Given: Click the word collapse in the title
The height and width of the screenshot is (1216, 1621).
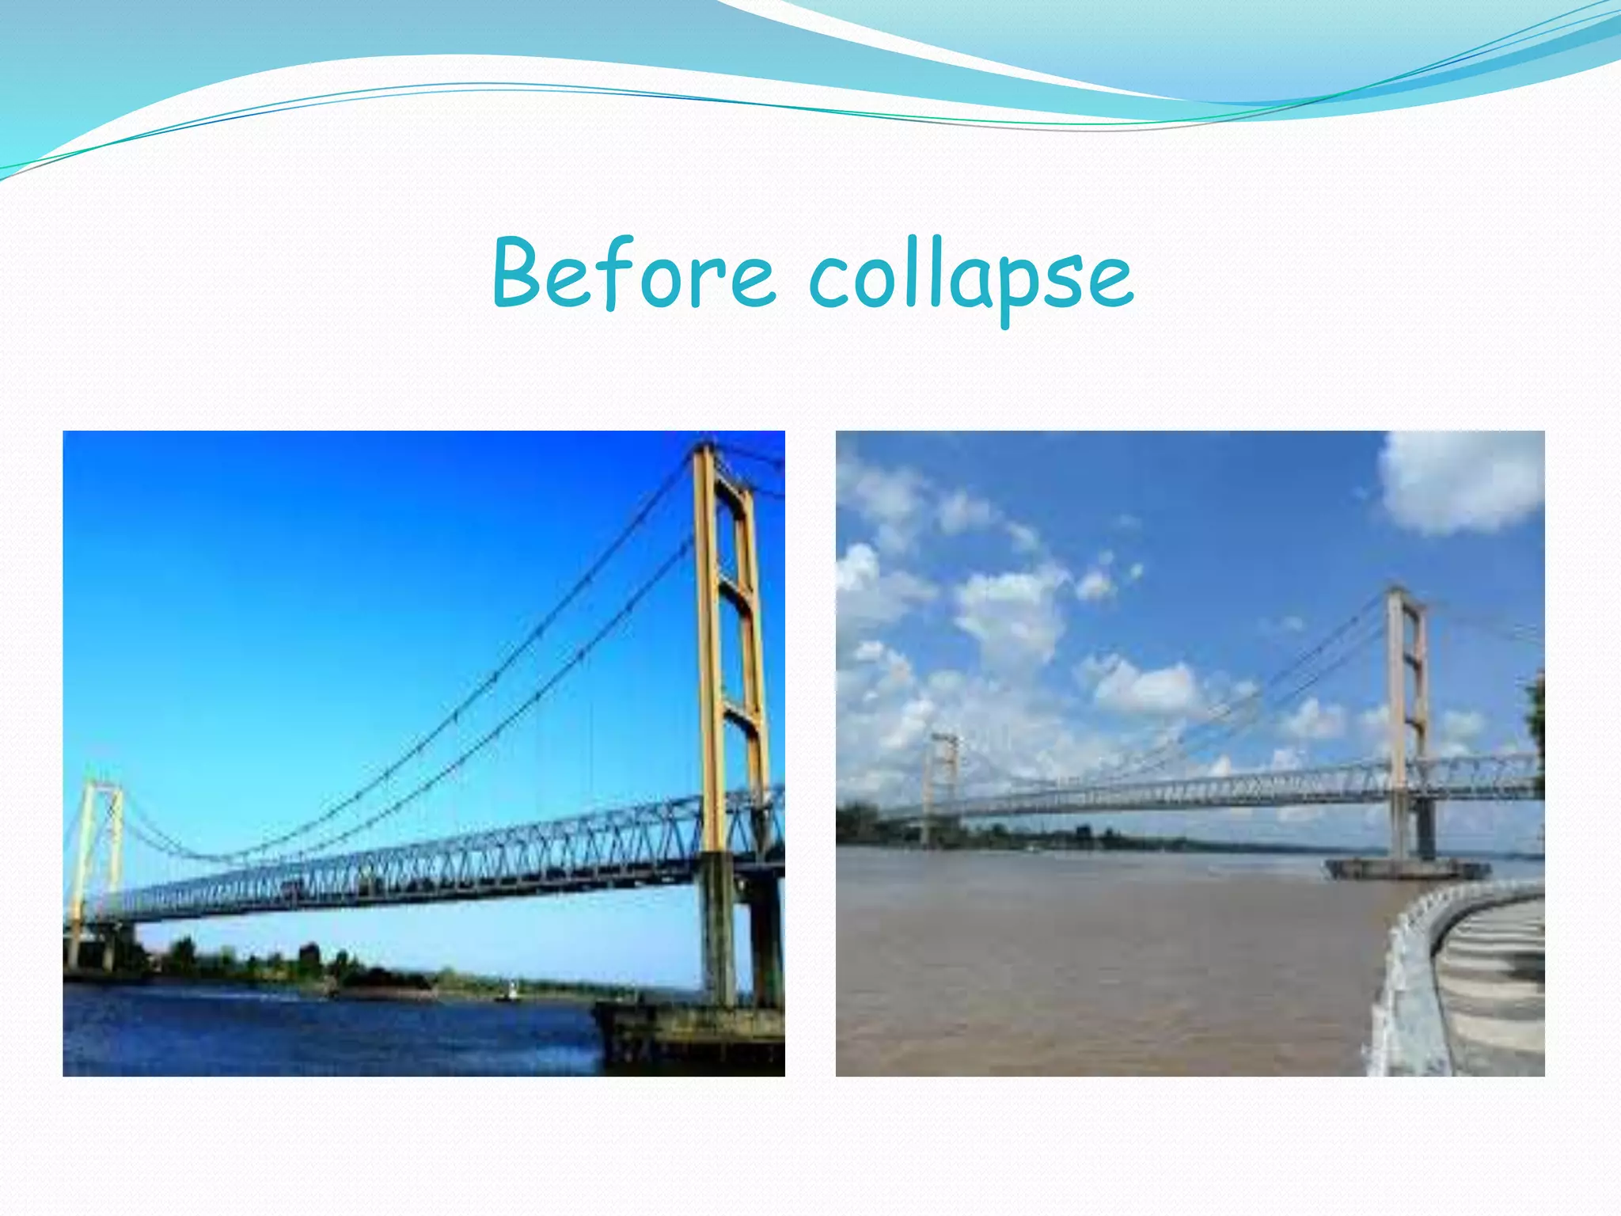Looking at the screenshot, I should pos(971,277).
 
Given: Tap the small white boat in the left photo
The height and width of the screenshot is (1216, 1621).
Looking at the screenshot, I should pos(513,989).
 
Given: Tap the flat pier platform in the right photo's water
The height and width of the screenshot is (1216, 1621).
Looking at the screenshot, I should pos(1405,868).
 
